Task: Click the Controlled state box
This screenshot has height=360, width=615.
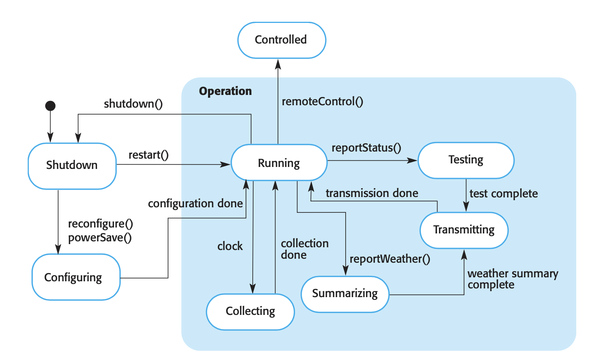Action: click(x=282, y=40)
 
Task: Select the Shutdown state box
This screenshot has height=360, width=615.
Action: click(x=72, y=165)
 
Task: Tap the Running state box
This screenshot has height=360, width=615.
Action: click(x=279, y=163)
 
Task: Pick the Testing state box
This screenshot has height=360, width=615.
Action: click(x=466, y=160)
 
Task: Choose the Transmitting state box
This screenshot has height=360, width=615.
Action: click(x=464, y=230)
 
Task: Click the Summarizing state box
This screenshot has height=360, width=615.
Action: click(x=345, y=294)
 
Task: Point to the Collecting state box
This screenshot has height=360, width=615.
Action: click(x=250, y=311)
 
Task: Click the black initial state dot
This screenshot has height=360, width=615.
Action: click(x=50, y=106)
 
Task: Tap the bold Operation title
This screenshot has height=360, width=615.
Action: click(x=225, y=91)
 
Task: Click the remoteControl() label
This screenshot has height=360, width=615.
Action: click(x=322, y=102)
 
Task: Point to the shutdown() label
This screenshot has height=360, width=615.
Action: click(x=133, y=104)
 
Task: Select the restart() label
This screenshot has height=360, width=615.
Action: click(x=148, y=155)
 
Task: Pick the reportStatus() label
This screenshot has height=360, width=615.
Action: click(x=366, y=148)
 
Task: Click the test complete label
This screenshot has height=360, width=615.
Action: click(x=503, y=193)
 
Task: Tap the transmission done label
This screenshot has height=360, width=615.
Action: click(x=372, y=193)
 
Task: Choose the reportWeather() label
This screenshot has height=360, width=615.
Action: click(x=390, y=259)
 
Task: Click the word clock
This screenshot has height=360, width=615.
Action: click(x=230, y=246)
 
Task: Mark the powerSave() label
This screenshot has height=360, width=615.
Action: click(x=100, y=238)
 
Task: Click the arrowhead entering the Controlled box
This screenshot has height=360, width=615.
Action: click(x=278, y=63)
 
